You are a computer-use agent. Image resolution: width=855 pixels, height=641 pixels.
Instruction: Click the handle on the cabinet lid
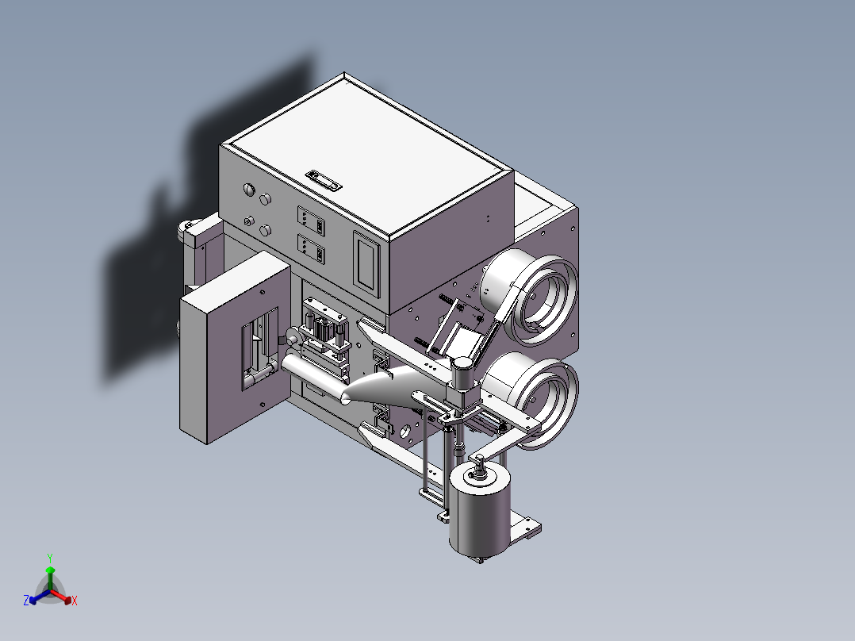324,180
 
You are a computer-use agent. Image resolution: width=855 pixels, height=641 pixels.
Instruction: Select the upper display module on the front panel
311,221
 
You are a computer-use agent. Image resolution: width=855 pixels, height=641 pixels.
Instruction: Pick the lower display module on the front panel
311,249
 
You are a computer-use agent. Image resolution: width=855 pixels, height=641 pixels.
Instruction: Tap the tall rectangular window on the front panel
366,264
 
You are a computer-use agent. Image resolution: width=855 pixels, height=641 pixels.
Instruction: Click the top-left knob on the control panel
249,190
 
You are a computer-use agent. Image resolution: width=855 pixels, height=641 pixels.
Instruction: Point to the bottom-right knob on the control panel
265,230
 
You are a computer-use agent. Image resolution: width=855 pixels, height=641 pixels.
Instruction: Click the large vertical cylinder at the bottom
480,511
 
